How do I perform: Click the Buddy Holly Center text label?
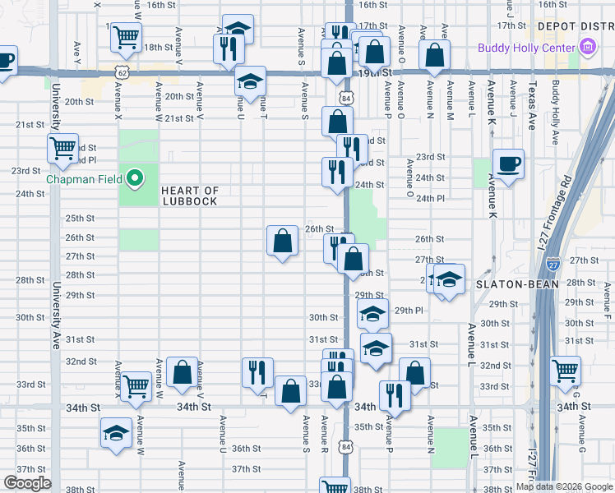click(526, 48)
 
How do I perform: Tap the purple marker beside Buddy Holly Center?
click(588, 48)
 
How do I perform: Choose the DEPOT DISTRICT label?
click(576, 26)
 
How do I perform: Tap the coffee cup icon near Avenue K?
click(508, 164)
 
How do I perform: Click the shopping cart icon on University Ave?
click(62, 149)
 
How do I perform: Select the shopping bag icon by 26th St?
click(282, 241)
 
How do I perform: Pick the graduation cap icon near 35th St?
click(116, 433)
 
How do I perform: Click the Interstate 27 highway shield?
click(553, 265)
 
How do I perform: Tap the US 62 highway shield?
click(122, 72)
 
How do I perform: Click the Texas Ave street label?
click(532, 108)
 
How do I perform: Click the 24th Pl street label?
click(430, 198)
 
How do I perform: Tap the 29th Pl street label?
click(408, 311)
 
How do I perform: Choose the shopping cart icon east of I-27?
click(566, 371)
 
